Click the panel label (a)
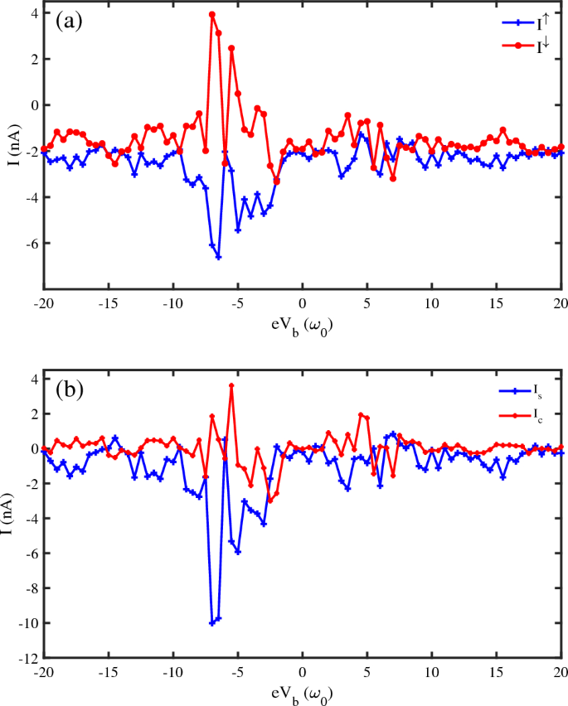pos(69,21)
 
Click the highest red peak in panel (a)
pos(212,14)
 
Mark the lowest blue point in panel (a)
pos(218,257)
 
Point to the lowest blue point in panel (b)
pos(212,622)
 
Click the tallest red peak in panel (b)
pos(231,385)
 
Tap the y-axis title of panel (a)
pos(11,150)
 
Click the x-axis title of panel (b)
pos(303,690)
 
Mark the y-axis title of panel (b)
pos(11,518)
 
